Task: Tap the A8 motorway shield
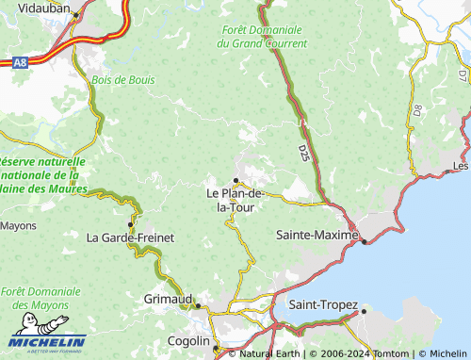point(18,62)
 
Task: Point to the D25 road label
point(304,151)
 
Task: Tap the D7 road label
point(463,74)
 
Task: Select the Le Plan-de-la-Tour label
point(235,200)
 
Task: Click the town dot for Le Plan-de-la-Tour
point(235,180)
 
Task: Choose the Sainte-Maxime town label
point(317,234)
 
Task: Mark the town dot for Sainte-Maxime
point(365,242)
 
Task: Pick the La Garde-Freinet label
point(130,237)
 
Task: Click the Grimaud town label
point(168,298)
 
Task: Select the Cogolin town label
point(187,340)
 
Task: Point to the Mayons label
point(18,226)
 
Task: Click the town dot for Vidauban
point(75,14)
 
